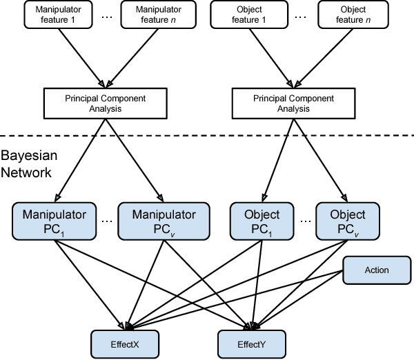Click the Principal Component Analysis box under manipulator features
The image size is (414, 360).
[x=106, y=101]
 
